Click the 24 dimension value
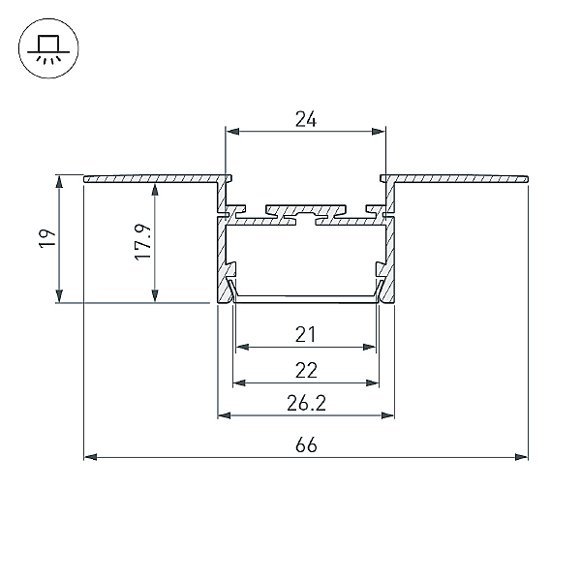point(306,119)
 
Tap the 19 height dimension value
point(47,238)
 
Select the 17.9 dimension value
point(143,242)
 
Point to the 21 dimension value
point(306,334)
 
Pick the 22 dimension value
point(306,370)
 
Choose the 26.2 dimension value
point(306,403)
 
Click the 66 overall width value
point(306,444)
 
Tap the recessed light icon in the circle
point(48,48)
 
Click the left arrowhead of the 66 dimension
point(90,457)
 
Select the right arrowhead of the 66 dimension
point(522,457)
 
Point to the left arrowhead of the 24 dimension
point(232,132)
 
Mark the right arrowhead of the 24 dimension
point(379,132)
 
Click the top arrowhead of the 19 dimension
point(59,182)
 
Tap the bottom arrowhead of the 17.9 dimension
point(155,296)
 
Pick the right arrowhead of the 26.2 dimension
point(387,415)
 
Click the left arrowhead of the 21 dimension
point(242,347)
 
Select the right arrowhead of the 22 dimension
point(373,382)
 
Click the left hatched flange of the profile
point(152,178)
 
